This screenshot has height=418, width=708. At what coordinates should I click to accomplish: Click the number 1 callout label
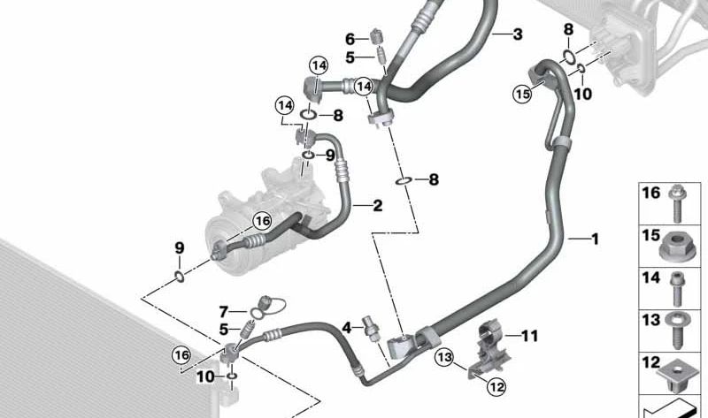[595, 239]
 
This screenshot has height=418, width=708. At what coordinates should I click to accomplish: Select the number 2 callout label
[377, 207]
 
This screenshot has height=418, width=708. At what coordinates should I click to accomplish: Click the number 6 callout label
[350, 39]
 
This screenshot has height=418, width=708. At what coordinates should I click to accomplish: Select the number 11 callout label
[529, 336]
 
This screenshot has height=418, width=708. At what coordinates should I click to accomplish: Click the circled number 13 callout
[442, 357]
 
